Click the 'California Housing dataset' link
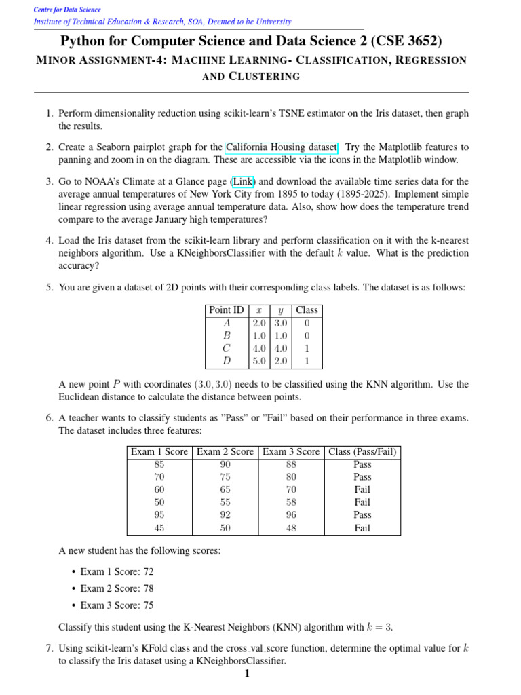point(282,147)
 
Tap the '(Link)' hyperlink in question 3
point(244,182)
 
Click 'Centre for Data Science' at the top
point(67,10)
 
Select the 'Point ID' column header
point(227,310)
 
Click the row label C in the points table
point(227,348)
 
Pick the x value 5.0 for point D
point(259,361)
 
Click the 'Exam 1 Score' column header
point(159,452)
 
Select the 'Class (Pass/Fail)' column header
point(362,452)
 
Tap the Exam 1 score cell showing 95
point(159,515)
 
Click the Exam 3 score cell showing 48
point(290,528)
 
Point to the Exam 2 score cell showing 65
point(225,490)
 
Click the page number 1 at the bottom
point(247,673)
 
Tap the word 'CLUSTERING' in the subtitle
point(265,77)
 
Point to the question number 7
point(50,648)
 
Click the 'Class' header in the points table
point(307,310)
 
